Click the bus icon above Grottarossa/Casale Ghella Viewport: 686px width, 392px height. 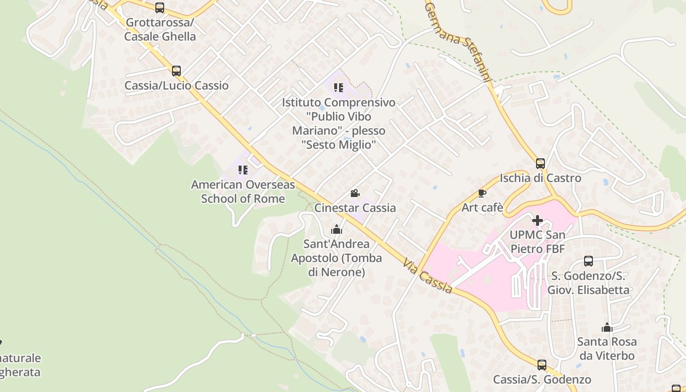[160, 8]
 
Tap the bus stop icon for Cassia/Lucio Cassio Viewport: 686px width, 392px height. [176, 71]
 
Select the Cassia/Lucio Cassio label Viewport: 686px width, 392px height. [176, 86]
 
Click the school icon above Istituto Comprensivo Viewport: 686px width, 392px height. [338, 88]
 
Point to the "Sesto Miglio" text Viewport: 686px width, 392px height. [339, 145]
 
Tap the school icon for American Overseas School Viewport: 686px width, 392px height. [243, 170]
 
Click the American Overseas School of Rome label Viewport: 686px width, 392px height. [243, 192]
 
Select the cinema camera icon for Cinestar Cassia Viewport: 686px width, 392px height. [355, 194]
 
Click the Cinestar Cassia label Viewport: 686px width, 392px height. [355, 208]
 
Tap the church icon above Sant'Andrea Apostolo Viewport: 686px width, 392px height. [336, 229]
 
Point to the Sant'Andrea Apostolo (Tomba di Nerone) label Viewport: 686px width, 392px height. [336, 258]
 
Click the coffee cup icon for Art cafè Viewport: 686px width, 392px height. [482, 193]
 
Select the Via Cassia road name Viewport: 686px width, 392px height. [427, 277]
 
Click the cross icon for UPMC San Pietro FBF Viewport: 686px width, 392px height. [538, 220]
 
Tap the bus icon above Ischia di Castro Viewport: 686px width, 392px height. [540, 164]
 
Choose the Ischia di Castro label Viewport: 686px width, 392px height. [540, 178]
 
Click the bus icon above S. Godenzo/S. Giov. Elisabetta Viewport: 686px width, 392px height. [588, 261]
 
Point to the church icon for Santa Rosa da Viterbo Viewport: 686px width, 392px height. [607, 327]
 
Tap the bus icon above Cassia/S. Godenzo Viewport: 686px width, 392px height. [542, 365]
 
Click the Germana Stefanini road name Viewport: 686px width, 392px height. [458, 39]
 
